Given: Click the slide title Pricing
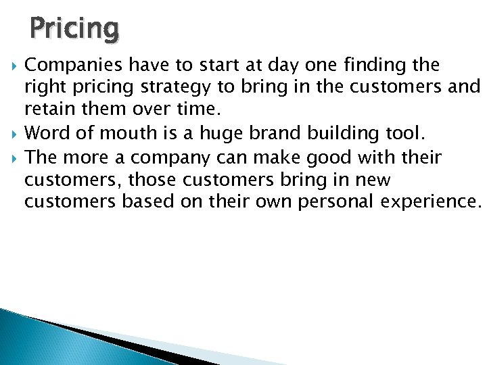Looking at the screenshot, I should point(74,28).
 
